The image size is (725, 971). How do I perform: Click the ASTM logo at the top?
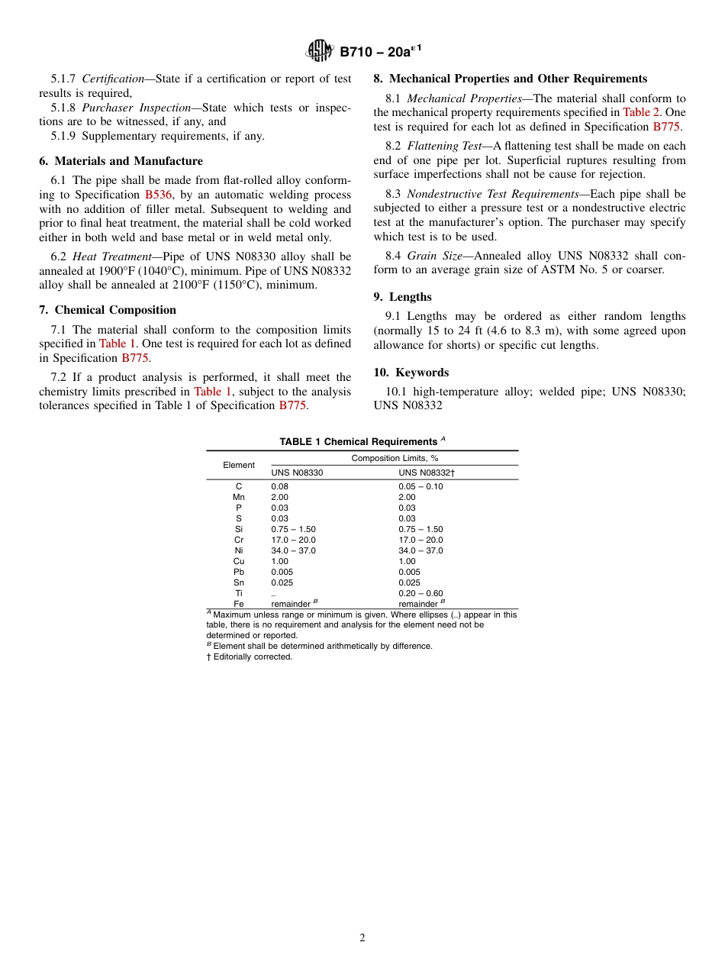pos(319,51)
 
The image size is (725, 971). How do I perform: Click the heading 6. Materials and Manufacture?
pos(121,161)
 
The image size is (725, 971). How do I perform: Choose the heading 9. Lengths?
pos(402,297)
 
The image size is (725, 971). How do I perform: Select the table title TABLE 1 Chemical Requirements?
pos(357,442)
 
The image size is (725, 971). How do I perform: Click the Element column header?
pos(239,465)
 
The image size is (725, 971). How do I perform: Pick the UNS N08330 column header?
pos(297,473)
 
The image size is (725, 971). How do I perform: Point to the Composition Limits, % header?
pos(395,458)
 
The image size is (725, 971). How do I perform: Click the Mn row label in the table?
pos(239,497)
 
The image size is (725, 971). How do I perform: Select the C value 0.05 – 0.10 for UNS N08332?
pos(420,486)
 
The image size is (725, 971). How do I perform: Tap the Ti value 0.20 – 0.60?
pos(420,593)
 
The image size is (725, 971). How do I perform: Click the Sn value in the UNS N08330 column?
pos(282,582)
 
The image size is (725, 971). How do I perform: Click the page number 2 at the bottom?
pos(362,938)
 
